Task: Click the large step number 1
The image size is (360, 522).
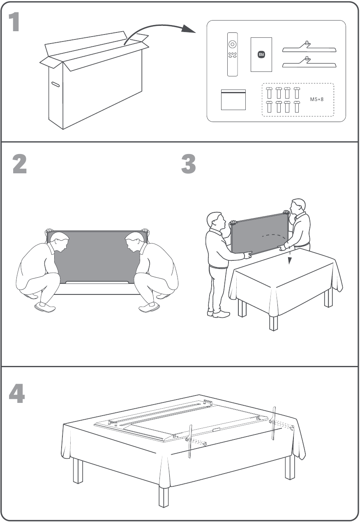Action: click(14, 22)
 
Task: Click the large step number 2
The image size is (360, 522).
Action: click(20, 163)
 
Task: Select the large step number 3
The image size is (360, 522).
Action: click(188, 163)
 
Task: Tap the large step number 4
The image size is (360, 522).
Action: click(17, 393)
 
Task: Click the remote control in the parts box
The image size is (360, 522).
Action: click(233, 54)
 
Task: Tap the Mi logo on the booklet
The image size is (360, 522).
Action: click(261, 54)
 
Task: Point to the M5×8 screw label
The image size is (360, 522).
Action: click(316, 99)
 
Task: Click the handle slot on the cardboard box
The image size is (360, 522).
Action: click(55, 84)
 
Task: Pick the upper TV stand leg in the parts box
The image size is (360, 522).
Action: click(309, 47)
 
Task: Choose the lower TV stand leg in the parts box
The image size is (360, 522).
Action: click(309, 62)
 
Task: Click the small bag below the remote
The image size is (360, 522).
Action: click(233, 100)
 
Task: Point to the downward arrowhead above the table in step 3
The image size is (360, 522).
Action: click(290, 261)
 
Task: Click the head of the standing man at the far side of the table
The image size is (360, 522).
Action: click(298, 207)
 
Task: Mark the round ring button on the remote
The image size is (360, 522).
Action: click(233, 44)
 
